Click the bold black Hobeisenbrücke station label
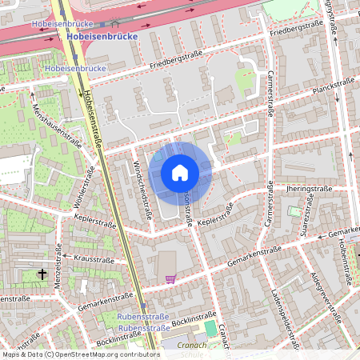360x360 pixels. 104,37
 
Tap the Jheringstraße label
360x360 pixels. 309,188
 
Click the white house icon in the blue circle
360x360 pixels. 180,172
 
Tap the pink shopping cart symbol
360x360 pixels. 170,278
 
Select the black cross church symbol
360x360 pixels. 42,274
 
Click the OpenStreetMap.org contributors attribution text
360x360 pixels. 112,354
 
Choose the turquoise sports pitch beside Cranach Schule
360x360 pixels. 210,329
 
